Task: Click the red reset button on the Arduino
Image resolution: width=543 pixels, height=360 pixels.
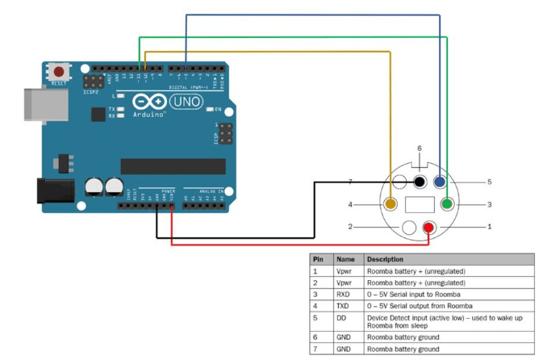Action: [59, 71]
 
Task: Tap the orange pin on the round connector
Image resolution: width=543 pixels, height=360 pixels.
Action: [391, 205]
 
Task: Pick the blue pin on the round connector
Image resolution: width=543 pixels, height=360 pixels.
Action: [440, 182]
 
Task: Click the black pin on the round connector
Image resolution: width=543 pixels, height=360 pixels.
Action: [420, 182]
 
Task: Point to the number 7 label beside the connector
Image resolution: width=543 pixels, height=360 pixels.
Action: [349, 182]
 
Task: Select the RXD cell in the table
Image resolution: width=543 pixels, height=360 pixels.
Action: [345, 295]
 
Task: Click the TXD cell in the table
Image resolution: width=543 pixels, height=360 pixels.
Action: [345, 306]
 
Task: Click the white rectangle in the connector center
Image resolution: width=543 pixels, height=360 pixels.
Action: [420, 205]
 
